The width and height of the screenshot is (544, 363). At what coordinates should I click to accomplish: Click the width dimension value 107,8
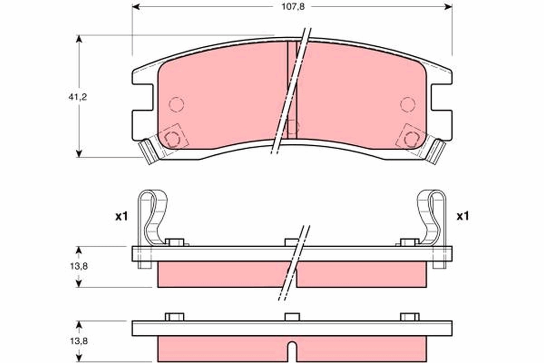pyautogui.click(x=292, y=7)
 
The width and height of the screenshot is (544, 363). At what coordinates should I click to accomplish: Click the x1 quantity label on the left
pyautogui.click(x=120, y=217)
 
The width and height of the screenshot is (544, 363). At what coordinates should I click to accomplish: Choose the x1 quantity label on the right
pyautogui.click(x=462, y=217)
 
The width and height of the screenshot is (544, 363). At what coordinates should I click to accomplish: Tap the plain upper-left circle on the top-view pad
pyautogui.click(x=176, y=104)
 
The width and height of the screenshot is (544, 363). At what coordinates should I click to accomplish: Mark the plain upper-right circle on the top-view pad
pyautogui.click(x=408, y=104)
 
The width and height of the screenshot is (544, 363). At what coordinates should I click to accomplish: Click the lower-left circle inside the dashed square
pyautogui.click(x=172, y=138)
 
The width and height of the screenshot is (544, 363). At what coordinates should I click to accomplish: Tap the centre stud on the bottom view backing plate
pyautogui.click(x=292, y=317)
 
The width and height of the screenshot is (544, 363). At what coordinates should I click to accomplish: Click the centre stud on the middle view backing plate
pyautogui.click(x=292, y=242)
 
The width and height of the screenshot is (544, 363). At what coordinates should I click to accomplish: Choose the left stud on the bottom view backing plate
pyautogui.click(x=174, y=317)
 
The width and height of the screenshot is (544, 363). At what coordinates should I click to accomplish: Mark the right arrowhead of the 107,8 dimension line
pyautogui.click(x=448, y=7)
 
